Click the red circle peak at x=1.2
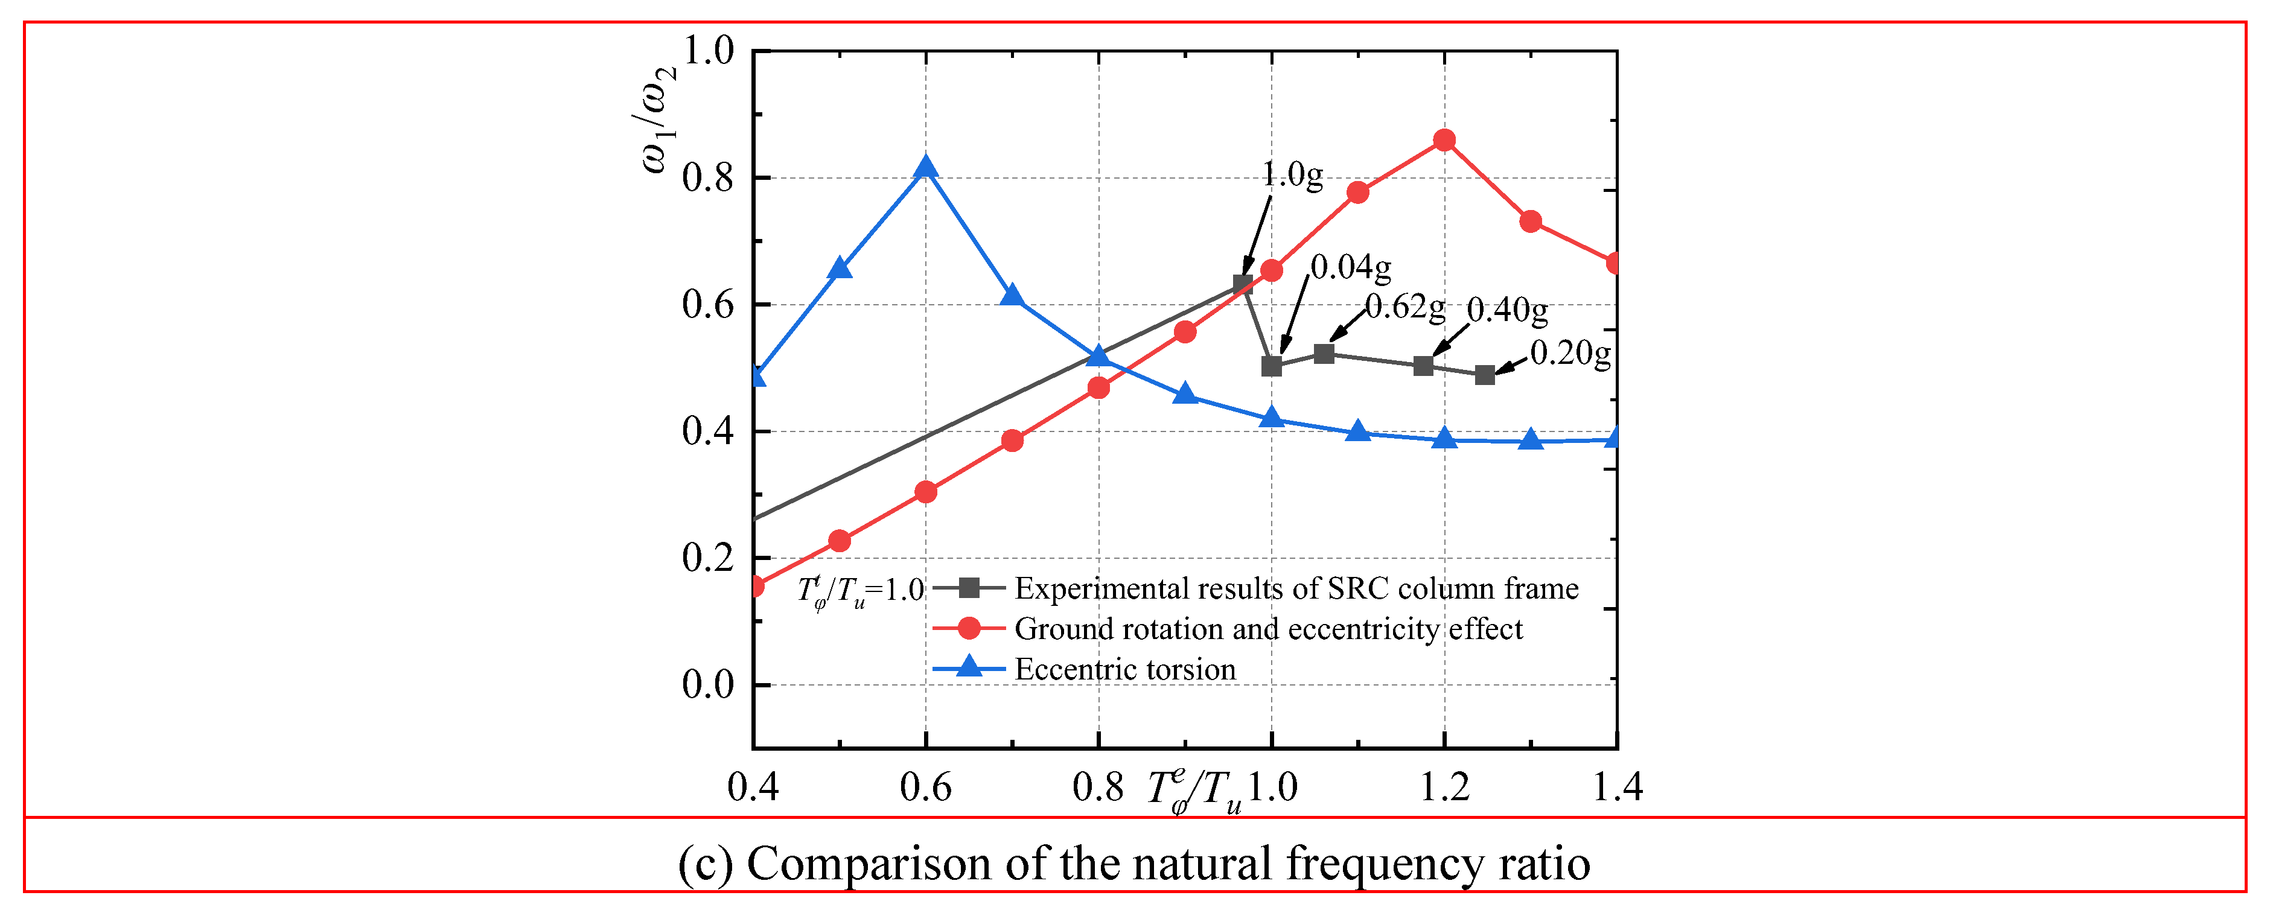(1444, 140)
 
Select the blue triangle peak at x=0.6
(925, 167)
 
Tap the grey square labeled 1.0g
(1243, 284)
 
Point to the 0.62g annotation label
(1406, 307)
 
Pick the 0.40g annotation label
(1507, 310)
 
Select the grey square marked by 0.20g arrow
(1485, 375)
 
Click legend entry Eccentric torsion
(1125, 669)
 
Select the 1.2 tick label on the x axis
(1444, 786)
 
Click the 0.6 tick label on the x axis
(925, 786)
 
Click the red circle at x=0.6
(925, 492)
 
